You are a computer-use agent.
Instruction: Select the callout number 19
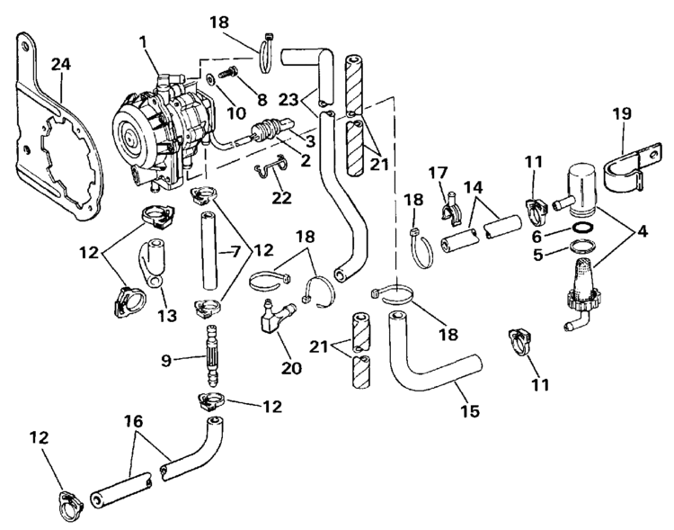pos(622,114)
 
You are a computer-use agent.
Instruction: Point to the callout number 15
pos(469,412)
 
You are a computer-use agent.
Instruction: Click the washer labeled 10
pos(208,79)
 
